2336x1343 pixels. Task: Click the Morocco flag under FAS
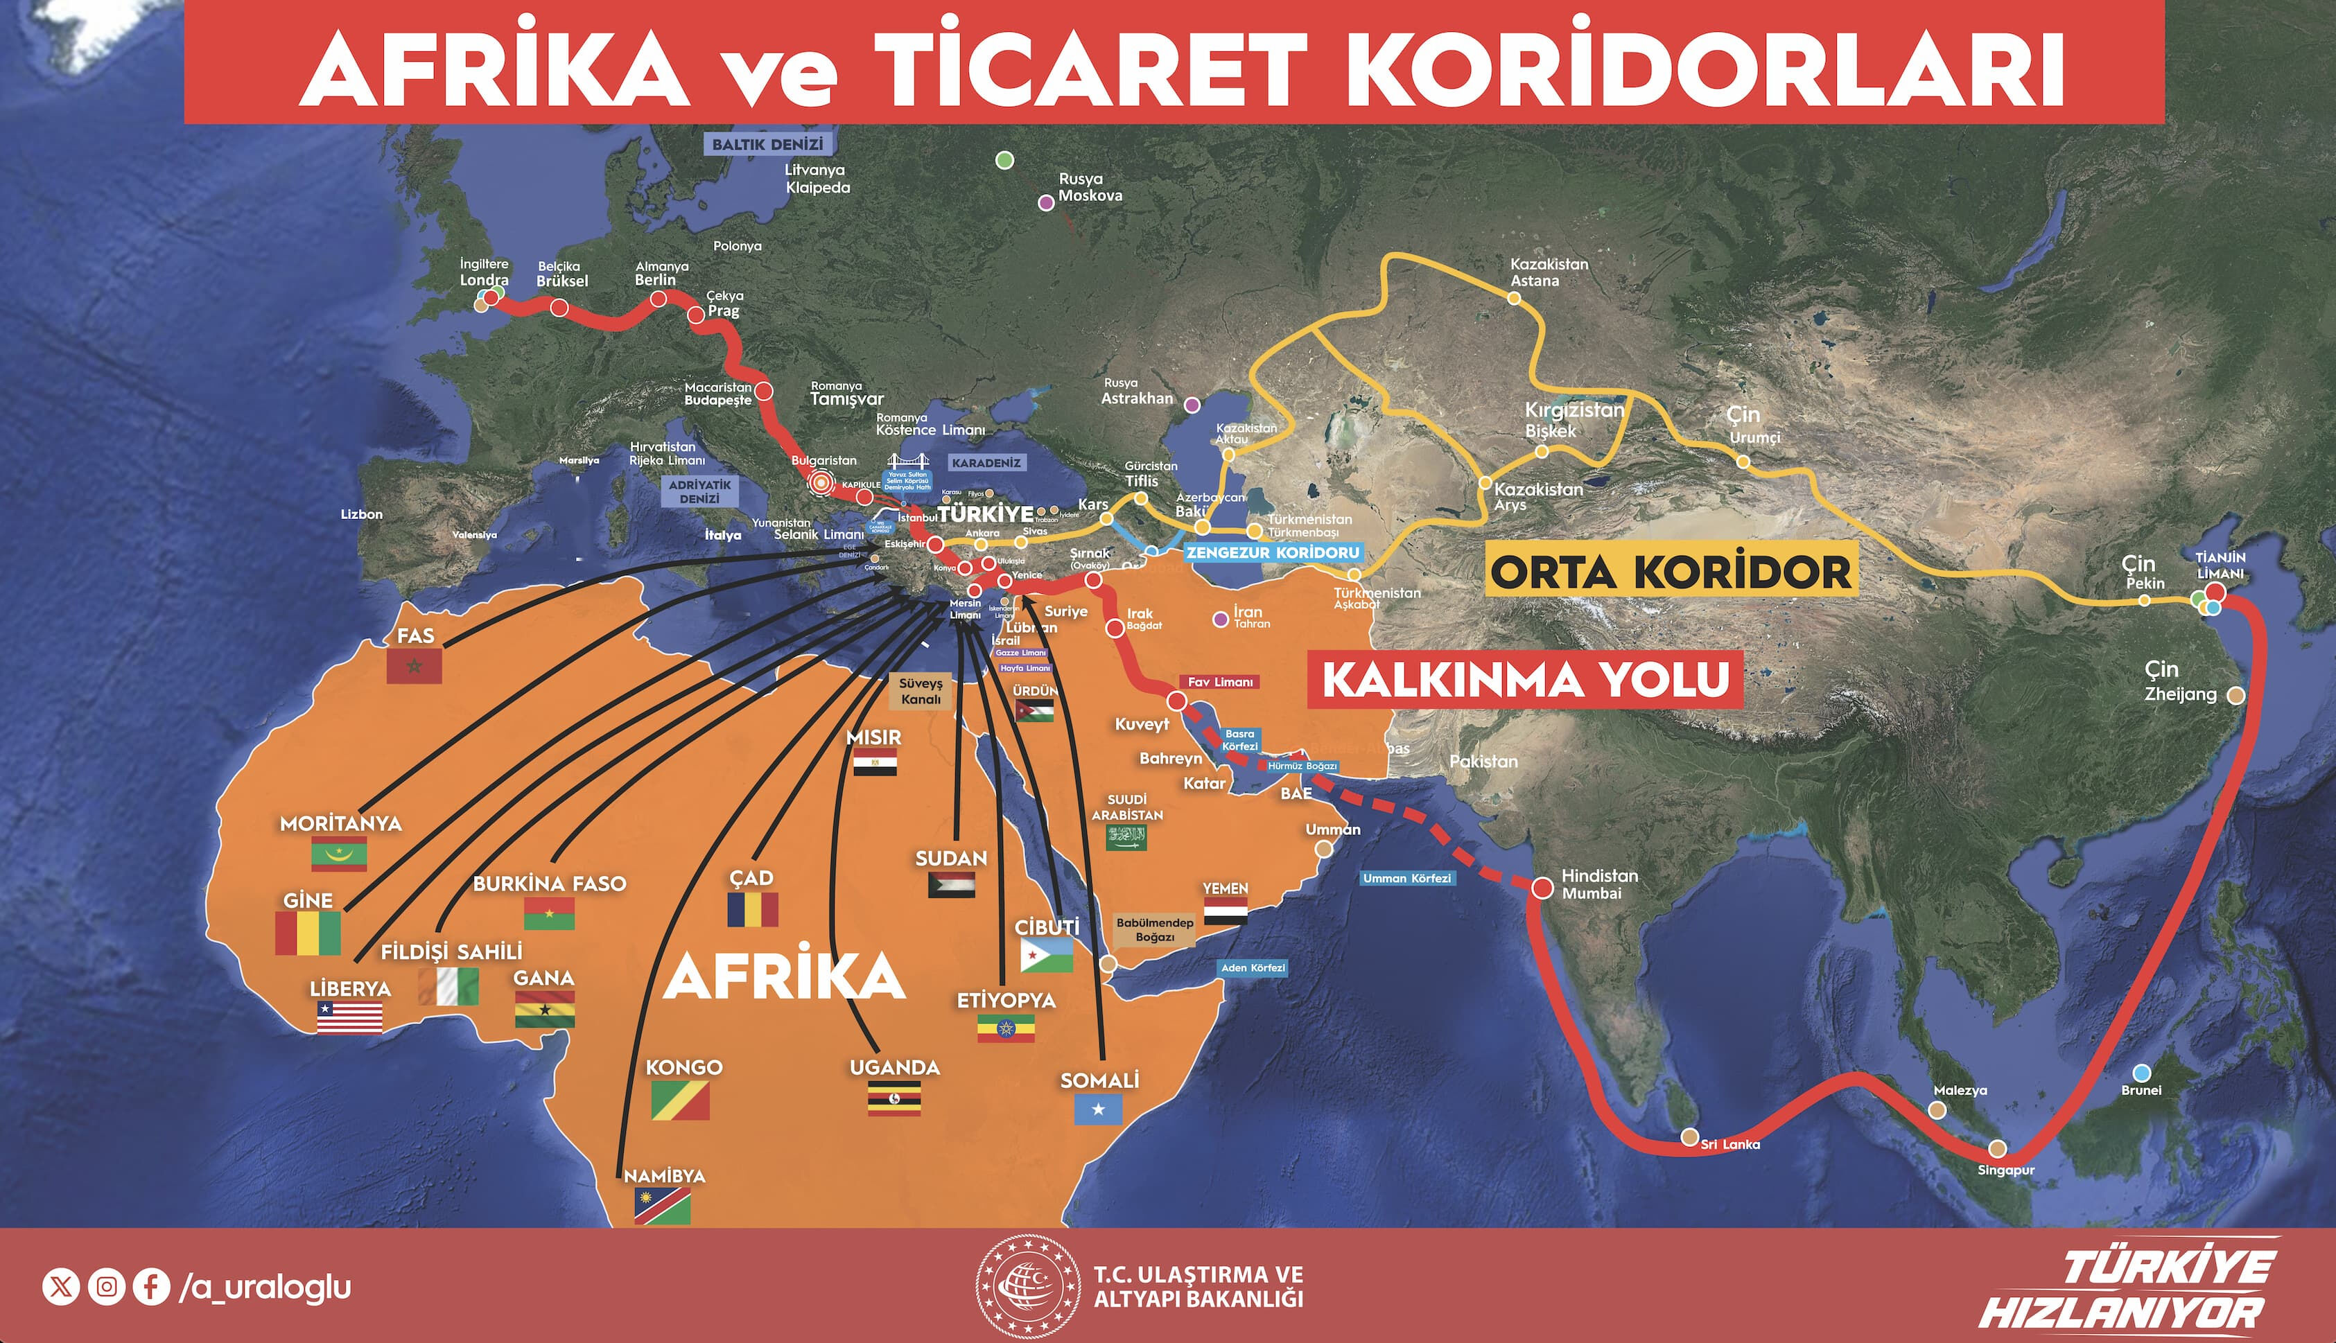coord(415,666)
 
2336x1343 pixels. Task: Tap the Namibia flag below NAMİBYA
coord(663,1206)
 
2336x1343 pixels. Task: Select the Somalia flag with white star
coord(1098,1109)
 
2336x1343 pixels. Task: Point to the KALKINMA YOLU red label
coord(1525,680)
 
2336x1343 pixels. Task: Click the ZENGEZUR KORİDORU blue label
coord(1272,552)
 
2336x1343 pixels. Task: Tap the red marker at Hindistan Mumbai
coord(1542,888)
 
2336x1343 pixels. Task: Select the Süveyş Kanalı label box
coord(921,691)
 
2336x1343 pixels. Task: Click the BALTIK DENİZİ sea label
coord(767,145)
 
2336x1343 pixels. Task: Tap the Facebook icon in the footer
coord(151,1285)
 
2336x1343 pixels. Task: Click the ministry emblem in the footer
coord(1028,1285)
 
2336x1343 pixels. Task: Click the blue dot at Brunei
coord(2142,1073)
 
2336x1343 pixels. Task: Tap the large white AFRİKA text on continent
coord(784,977)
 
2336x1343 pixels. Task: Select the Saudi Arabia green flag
coord(1126,836)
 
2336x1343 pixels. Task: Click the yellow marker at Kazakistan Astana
coord(1514,298)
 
